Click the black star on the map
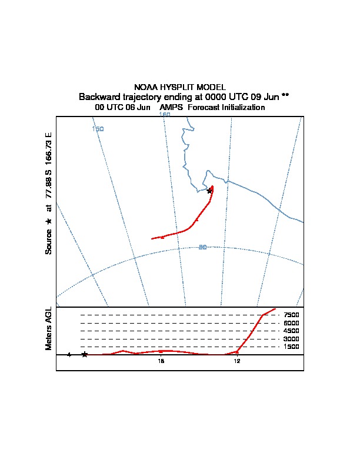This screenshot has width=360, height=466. click(209, 191)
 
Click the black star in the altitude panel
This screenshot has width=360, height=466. click(85, 354)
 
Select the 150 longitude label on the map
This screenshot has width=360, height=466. click(98, 128)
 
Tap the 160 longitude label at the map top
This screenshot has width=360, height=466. click(165, 115)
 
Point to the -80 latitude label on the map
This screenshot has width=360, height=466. click(202, 247)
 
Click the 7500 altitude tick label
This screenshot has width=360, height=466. click(292, 315)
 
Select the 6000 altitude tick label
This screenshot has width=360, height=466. click(292, 323)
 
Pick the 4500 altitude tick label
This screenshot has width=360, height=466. click(292, 331)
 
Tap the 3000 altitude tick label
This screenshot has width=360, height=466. click(292, 339)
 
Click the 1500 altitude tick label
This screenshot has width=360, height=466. click(292, 347)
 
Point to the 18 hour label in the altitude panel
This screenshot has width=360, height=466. click(161, 361)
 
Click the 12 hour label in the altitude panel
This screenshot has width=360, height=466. click(237, 361)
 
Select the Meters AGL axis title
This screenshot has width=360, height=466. click(49, 329)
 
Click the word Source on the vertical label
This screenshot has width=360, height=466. click(49, 241)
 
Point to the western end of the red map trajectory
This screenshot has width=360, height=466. click(152, 238)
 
